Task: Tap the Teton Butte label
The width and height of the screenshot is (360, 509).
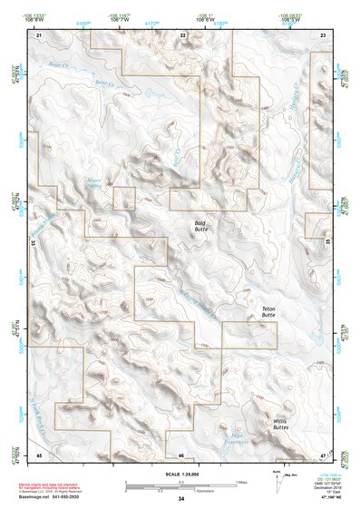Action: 268,313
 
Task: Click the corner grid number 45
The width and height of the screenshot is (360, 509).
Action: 39,453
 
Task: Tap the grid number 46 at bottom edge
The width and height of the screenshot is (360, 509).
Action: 181,454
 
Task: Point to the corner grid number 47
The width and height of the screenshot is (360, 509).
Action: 323,453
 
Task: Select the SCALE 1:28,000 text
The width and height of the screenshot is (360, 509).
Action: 180,472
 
